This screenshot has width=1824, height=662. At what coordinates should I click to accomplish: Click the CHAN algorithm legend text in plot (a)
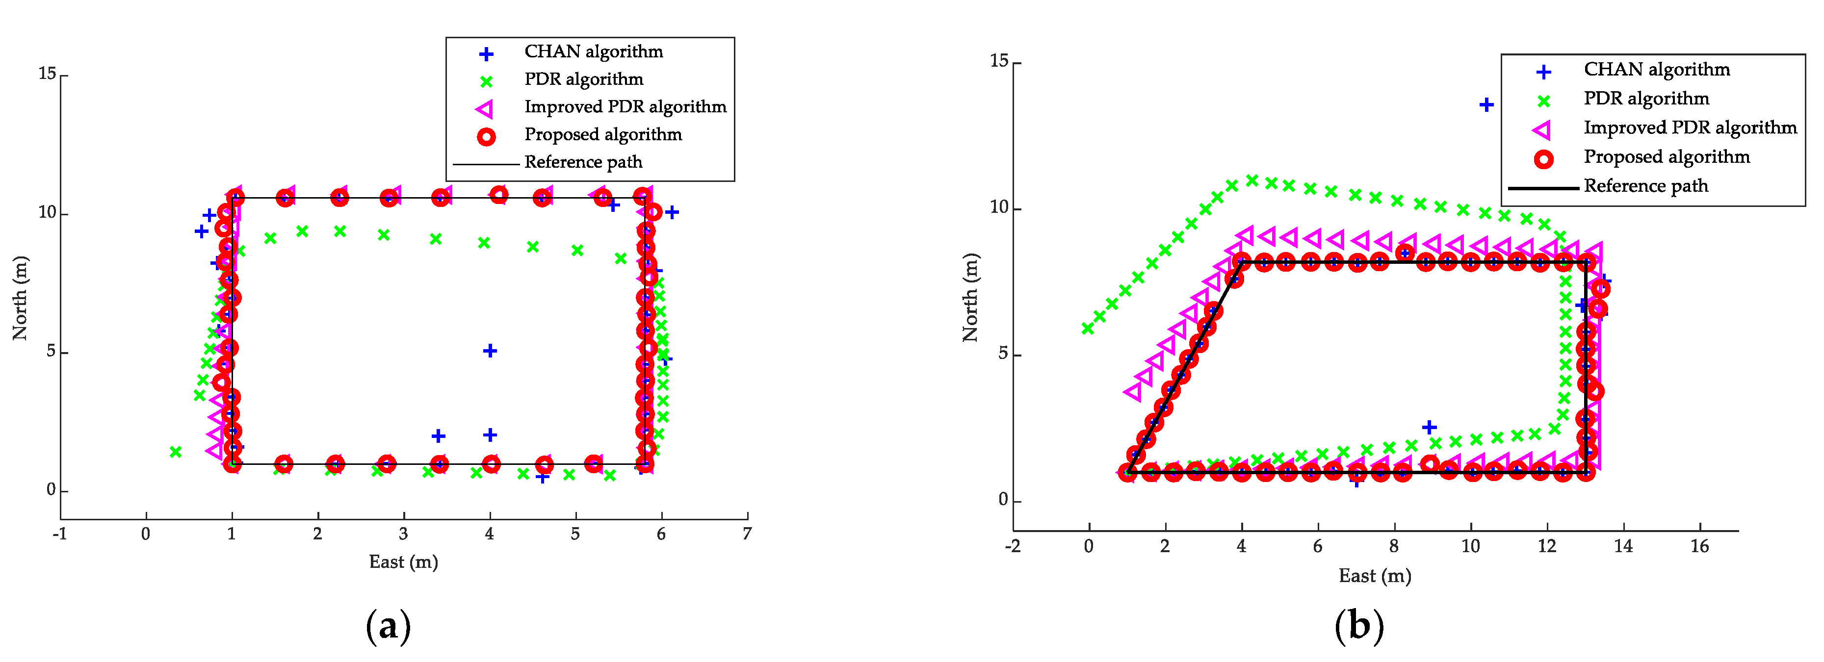(594, 51)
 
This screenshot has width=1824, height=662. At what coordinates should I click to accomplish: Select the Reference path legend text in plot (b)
(1645, 186)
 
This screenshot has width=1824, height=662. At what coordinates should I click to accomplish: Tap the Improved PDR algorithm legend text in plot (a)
(625, 107)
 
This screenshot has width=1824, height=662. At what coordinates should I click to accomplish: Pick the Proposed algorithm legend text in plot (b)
(1666, 157)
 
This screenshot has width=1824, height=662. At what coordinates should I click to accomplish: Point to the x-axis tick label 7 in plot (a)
(747, 535)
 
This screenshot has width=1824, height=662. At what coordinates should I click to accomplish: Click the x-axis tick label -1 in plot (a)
(59, 535)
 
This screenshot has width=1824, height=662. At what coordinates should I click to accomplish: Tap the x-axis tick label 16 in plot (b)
(1699, 547)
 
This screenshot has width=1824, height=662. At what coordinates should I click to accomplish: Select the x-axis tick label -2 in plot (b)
(1013, 547)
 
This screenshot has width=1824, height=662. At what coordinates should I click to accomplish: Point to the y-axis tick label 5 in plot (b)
(1003, 354)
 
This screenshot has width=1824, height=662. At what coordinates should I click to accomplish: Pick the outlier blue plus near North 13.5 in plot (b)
(1486, 105)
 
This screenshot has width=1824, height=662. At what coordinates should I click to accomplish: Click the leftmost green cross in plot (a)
(176, 452)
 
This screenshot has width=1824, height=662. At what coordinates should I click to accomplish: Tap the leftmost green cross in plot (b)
(1087, 329)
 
